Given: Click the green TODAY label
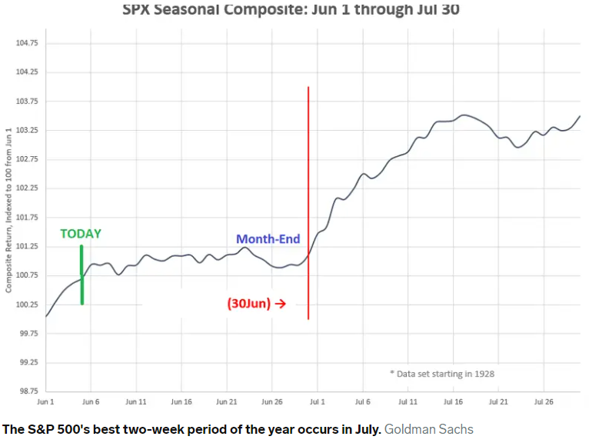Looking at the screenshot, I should point(81,234).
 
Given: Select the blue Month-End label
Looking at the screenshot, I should point(268,239).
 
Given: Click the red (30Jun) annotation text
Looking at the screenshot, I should point(248,303).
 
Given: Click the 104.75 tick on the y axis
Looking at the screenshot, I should point(27,43).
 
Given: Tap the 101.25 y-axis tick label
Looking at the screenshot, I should point(27,246).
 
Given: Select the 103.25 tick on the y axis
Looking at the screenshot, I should point(27,130).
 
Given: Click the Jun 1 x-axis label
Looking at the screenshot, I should point(45,401).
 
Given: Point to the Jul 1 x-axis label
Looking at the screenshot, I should point(318,401).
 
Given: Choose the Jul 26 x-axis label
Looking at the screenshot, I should point(544,401).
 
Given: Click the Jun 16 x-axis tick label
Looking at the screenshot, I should point(181,401).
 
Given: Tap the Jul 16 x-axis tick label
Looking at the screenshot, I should point(453,401).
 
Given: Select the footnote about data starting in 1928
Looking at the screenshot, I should point(441,373).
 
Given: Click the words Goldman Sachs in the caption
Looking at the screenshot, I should point(428,429).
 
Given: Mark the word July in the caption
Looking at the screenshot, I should point(362,429).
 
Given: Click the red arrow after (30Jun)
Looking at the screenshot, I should point(281,304).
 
